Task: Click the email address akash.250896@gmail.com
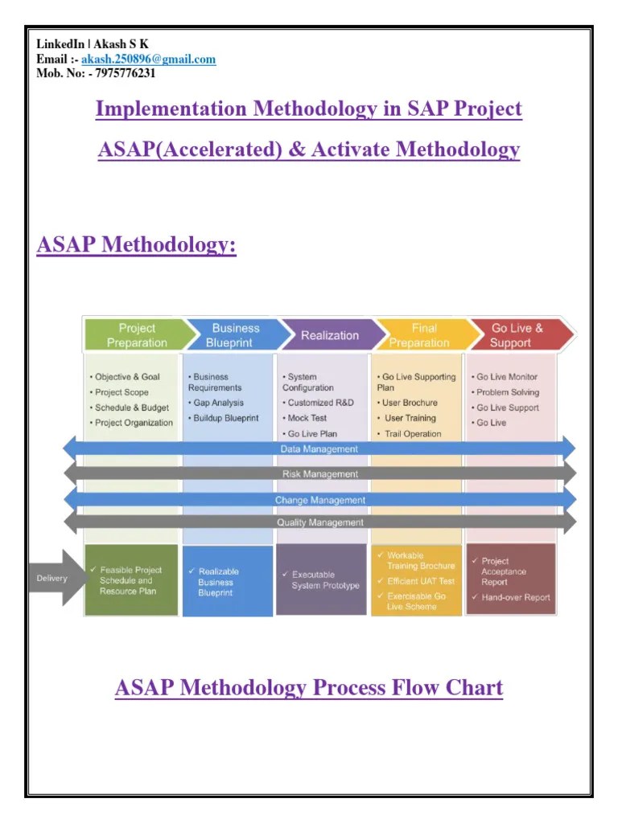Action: [148, 59]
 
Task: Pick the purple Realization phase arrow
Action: [329, 335]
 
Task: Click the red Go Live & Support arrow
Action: [517, 335]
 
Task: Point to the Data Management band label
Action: [319, 449]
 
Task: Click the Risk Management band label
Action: [319, 474]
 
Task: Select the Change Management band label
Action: [319, 500]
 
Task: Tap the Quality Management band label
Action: [319, 522]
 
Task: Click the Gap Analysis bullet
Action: [218, 403]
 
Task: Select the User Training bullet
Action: [410, 418]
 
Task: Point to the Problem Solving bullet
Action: [507, 392]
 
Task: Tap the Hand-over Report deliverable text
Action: [515, 597]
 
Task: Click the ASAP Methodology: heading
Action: [137, 244]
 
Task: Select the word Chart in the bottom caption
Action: [475, 688]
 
